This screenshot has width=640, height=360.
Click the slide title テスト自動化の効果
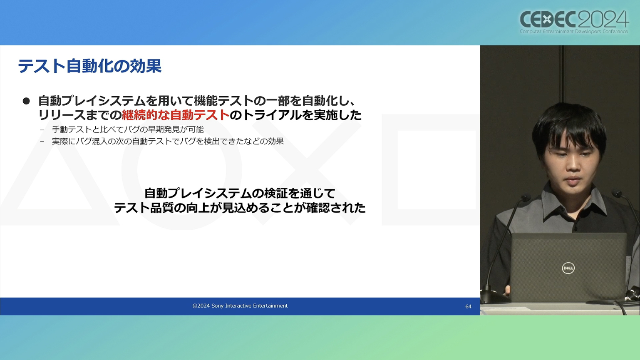pyautogui.click(x=90, y=66)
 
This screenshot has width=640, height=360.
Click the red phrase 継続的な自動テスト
pyautogui.click(x=176, y=115)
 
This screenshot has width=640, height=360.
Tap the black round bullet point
pyautogui.click(x=26, y=101)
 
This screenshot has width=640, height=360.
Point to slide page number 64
pyautogui.click(x=468, y=307)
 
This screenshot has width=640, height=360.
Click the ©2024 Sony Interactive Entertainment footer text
pyautogui.click(x=240, y=306)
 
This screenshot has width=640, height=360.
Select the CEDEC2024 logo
pyautogui.click(x=574, y=22)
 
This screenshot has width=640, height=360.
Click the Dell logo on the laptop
pyautogui.click(x=568, y=268)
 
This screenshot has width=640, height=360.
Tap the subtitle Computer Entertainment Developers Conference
pyautogui.click(x=574, y=32)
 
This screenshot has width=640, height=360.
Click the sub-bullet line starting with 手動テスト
pyautogui.click(x=128, y=129)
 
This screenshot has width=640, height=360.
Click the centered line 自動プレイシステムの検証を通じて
pyautogui.click(x=240, y=194)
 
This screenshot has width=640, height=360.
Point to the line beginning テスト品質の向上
pyautogui.click(x=240, y=208)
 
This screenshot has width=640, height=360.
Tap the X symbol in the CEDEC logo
pyautogui.click(x=547, y=20)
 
